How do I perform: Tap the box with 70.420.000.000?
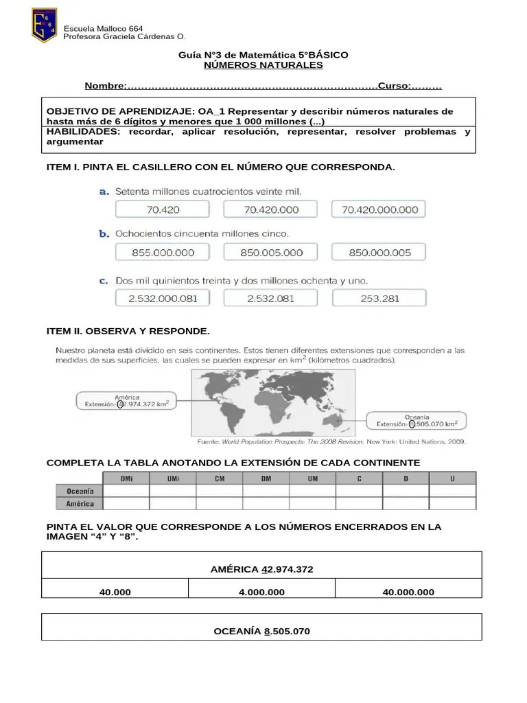pyautogui.click(x=379, y=209)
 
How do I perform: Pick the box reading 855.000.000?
pyautogui.click(x=163, y=253)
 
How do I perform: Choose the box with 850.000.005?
pyautogui.click(x=379, y=253)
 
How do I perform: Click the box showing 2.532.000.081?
pyautogui.click(x=163, y=298)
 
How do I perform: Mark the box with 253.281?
pyautogui.click(x=379, y=298)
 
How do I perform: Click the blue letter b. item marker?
pyautogui.click(x=104, y=234)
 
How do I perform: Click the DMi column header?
pyautogui.click(x=126, y=479)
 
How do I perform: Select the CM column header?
pyautogui.click(x=219, y=479)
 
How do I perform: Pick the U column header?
pyautogui.click(x=452, y=479)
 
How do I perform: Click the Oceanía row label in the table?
pyautogui.click(x=80, y=491)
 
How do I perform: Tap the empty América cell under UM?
pyautogui.click(x=312, y=503)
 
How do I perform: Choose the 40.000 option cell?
pyautogui.click(x=115, y=592)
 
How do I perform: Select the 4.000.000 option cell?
pyautogui.click(x=261, y=592)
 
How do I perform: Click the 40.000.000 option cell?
pyautogui.click(x=408, y=592)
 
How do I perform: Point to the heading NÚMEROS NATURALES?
pyautogui.click(x=263, y=65)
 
